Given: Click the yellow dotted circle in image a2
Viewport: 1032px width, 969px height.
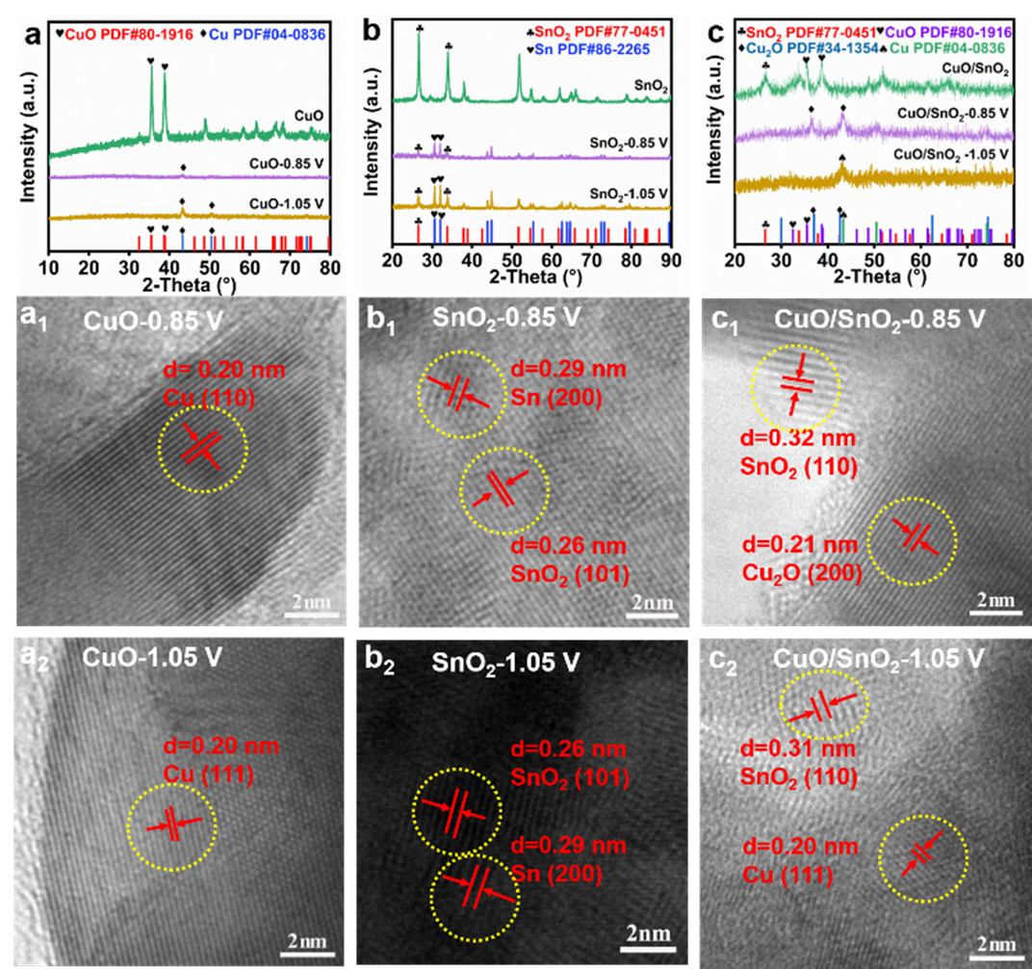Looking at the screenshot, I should point(172,825).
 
